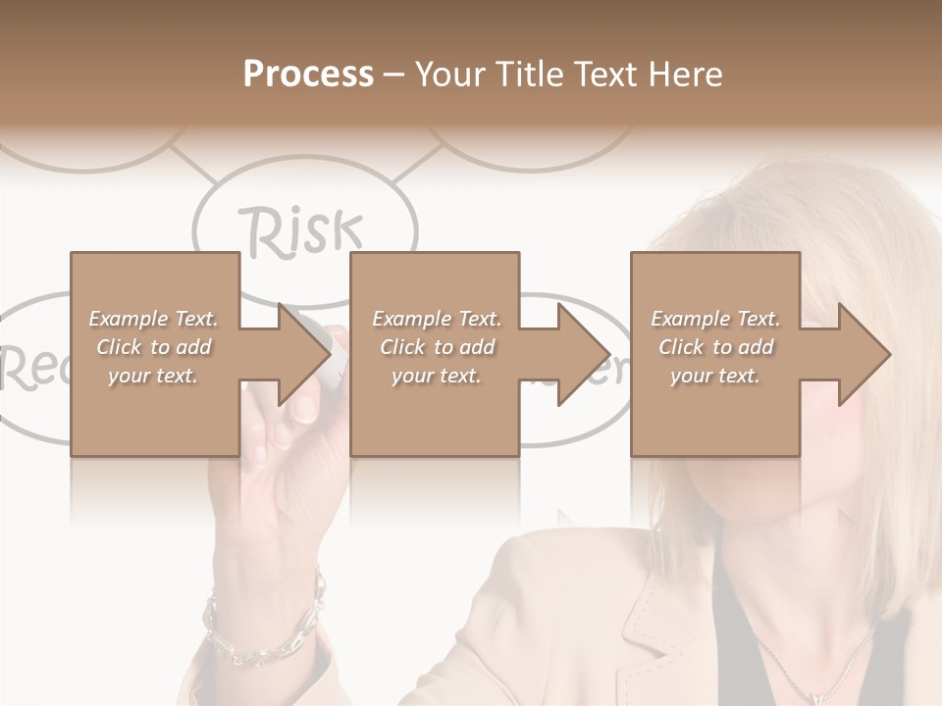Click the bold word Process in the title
pyautogui.click(x=308, y=75)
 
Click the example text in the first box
pyautogui.click(x=153, y=346)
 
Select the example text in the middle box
pyautogui.click(x=436, y=346)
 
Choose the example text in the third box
pyautogui.click(x=715, y=346)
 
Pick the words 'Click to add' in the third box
pyautogui.click(x=715, y=347)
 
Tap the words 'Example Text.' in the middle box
pyautogui.click(x=436, y=319)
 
